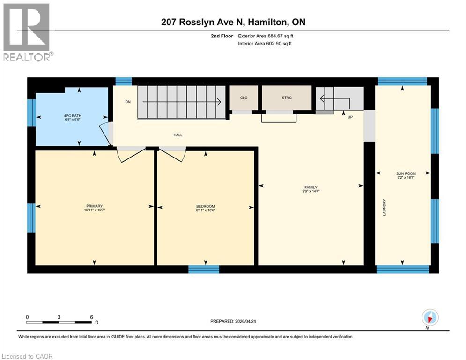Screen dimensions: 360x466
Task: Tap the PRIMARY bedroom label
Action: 94,206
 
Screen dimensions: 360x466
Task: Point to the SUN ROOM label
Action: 403,173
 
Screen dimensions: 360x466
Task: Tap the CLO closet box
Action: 244,97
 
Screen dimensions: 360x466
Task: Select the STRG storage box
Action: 287,97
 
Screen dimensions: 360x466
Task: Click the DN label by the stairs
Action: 127,102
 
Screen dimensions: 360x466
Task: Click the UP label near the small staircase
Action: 349,117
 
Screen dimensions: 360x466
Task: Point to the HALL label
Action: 178,135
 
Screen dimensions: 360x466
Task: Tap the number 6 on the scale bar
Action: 91,317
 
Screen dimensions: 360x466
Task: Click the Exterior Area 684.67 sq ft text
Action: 266,36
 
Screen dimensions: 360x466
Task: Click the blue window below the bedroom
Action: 204,269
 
